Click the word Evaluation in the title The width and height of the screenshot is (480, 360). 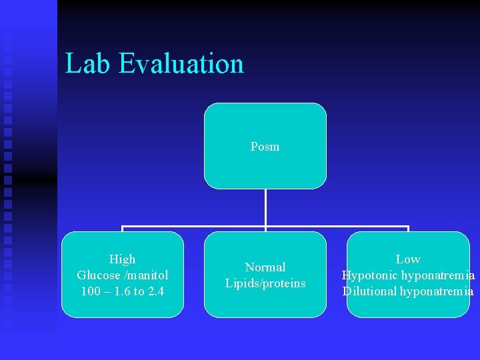(182, 64)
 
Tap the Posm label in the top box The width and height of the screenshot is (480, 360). (265, 147)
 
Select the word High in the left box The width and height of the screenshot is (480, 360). (122, 259)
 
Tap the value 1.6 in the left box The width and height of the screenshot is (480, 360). (121, 291)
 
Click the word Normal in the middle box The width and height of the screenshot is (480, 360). (265, 267)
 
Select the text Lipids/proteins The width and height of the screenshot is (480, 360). (265, 283)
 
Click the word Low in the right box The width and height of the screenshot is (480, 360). (408, 259)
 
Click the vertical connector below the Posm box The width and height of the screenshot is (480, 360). (265, 208)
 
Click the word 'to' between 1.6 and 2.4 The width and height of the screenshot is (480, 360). (139, 291)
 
